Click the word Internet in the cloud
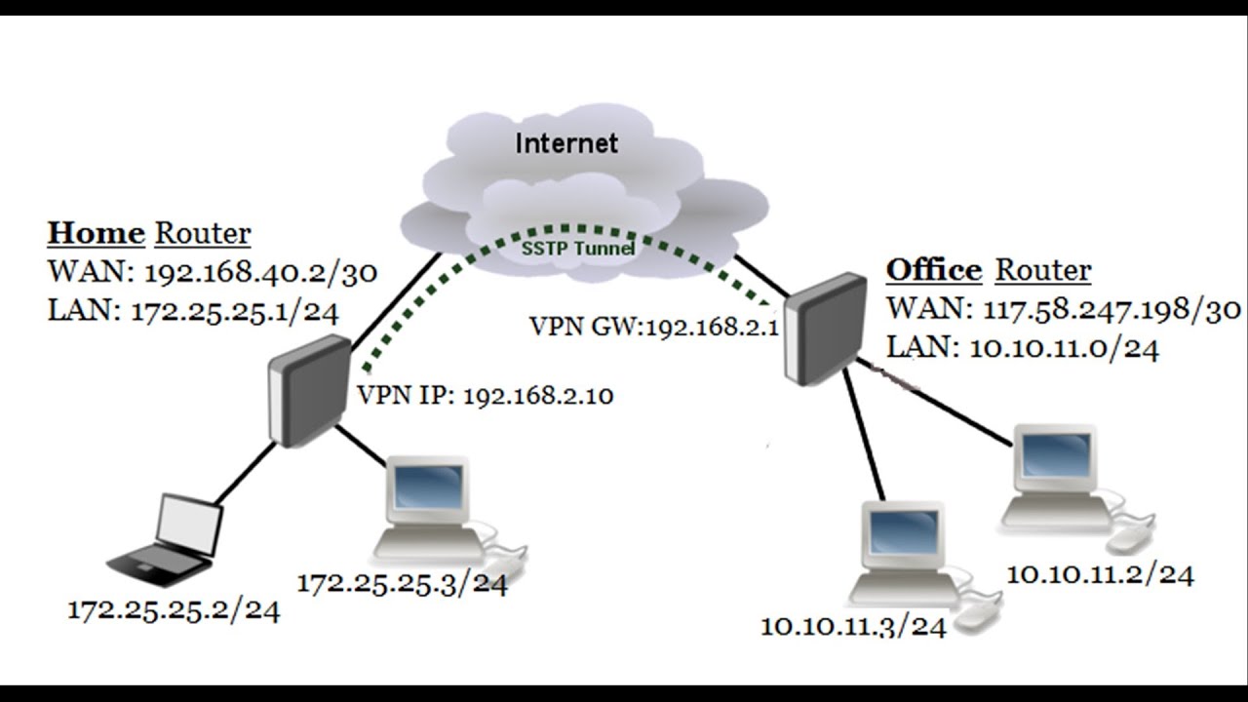coord(566,143)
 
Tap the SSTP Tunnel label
coord(577,249)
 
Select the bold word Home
coord(96,234)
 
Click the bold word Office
coord(933,270)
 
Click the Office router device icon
coord(825,327)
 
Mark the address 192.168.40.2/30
coord(259,273)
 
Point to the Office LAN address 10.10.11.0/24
coord(1065,349)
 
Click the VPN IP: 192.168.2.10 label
coord(485,396)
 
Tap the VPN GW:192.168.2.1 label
coord(653,327)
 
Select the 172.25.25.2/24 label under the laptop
coord(174,611)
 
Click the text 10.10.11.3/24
coord(853,627)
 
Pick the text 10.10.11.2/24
coord(1099,574)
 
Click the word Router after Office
coord(1043,270)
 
